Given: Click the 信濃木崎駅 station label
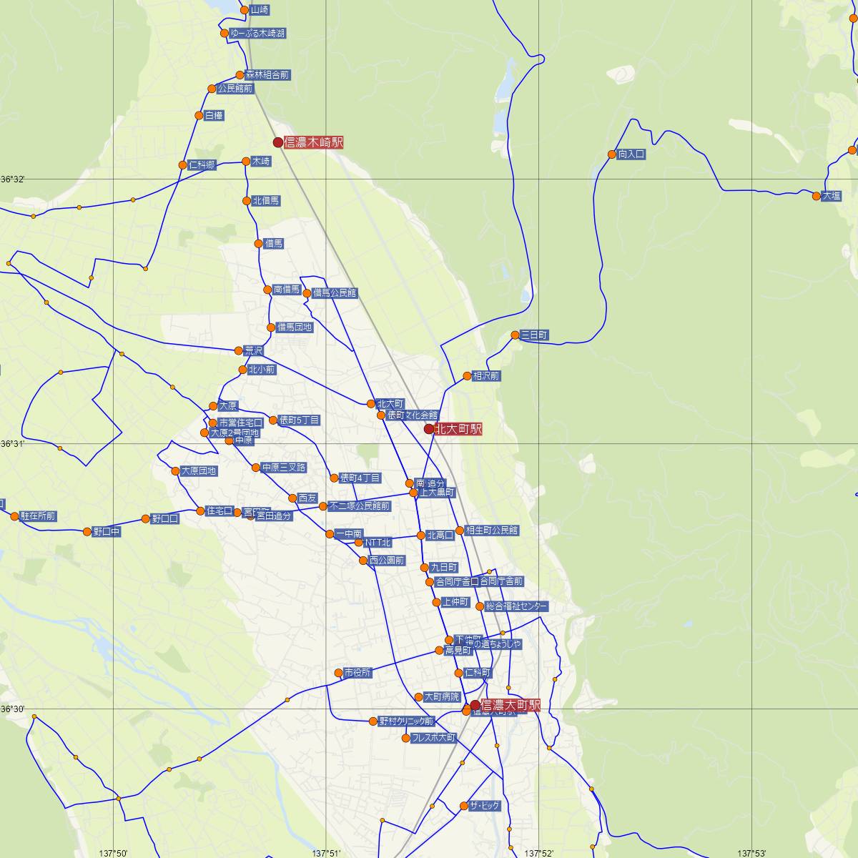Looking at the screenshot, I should pos(313,142).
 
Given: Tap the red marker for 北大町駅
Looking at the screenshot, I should pos(429,429).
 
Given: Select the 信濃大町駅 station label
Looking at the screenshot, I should pos(511,705).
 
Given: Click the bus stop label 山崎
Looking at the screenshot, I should pos(260,10).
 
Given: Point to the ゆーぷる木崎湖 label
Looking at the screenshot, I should pos(258,34).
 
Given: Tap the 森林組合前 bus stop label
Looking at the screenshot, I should pos(267,74).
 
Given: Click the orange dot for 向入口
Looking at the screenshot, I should pos(612,154).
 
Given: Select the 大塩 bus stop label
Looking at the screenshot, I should pos(832,195).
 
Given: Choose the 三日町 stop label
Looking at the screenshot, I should pos(535,335).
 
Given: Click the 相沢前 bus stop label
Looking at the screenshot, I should pos(486,375).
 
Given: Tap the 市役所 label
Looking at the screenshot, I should pos(357,673).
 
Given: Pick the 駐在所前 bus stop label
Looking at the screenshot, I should pos(38,516).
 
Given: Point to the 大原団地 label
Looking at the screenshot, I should pos(198,471).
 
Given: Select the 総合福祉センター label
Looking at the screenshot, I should pos(516,606).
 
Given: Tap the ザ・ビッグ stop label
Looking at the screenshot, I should pos(485,806).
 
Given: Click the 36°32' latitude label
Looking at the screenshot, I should pos(13,179).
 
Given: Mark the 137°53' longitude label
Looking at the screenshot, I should pos(753,853).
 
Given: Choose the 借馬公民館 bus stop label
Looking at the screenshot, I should pos(335,293).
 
